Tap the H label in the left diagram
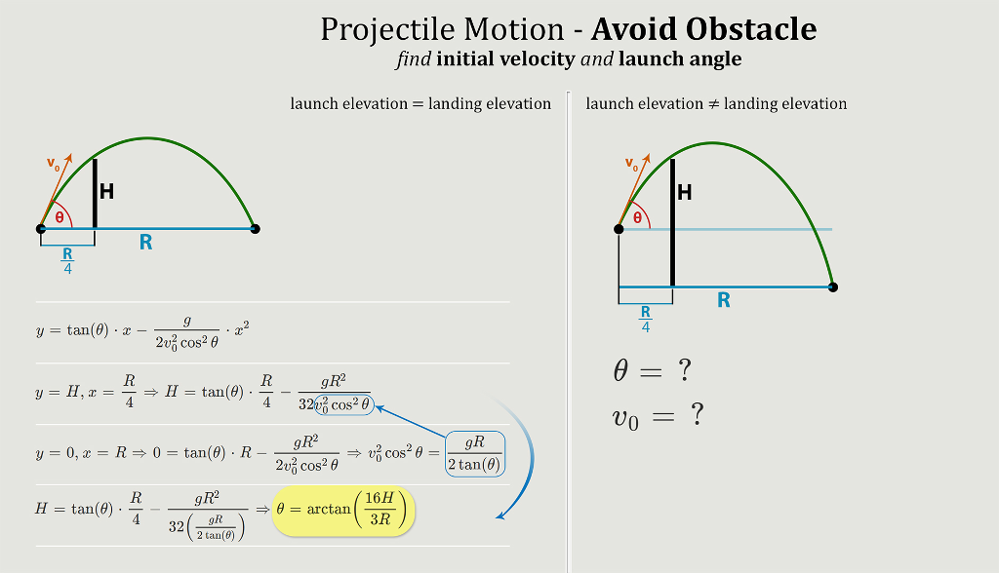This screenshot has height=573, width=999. pyautogui.click(x=106, y=192)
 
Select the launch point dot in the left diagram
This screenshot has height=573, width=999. pyautogui.click(x=41, y=229)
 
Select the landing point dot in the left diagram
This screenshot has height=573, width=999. pyautogui.click(x=255, y=229)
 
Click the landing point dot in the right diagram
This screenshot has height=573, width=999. pyautogui.click(x=832, y=286)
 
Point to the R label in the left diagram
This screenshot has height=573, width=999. pyautogui.click(x=145, y=243)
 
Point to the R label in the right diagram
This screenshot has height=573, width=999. pyautogui.click(x=723, y=300)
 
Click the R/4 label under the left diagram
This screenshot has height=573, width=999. pyautogui.click(x=67, y=261)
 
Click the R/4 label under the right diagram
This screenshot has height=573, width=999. pyautogui.click(x=645, y=319)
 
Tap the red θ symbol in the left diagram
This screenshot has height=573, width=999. pyautogui.click(x=60, y=217)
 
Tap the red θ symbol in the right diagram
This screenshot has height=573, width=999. pyautogui.click(x=637, y=217)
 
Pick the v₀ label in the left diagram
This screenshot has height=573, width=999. pyautogui.click(x=54, y=164)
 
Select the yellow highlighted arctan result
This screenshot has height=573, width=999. pyautogui.click(x=344, y=511)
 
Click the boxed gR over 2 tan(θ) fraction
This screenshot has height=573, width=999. pyautogui.click(x=474, y=453)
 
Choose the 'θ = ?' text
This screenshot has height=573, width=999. pyautogui.click(x=653, y=371)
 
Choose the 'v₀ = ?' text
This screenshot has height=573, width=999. pyautogui.click(x=658, y=417)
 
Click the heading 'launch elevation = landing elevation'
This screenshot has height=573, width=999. pyautogui.click(x=420, y=103)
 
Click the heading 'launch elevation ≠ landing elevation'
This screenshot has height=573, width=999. pyautogui.click(x=716, y=103)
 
